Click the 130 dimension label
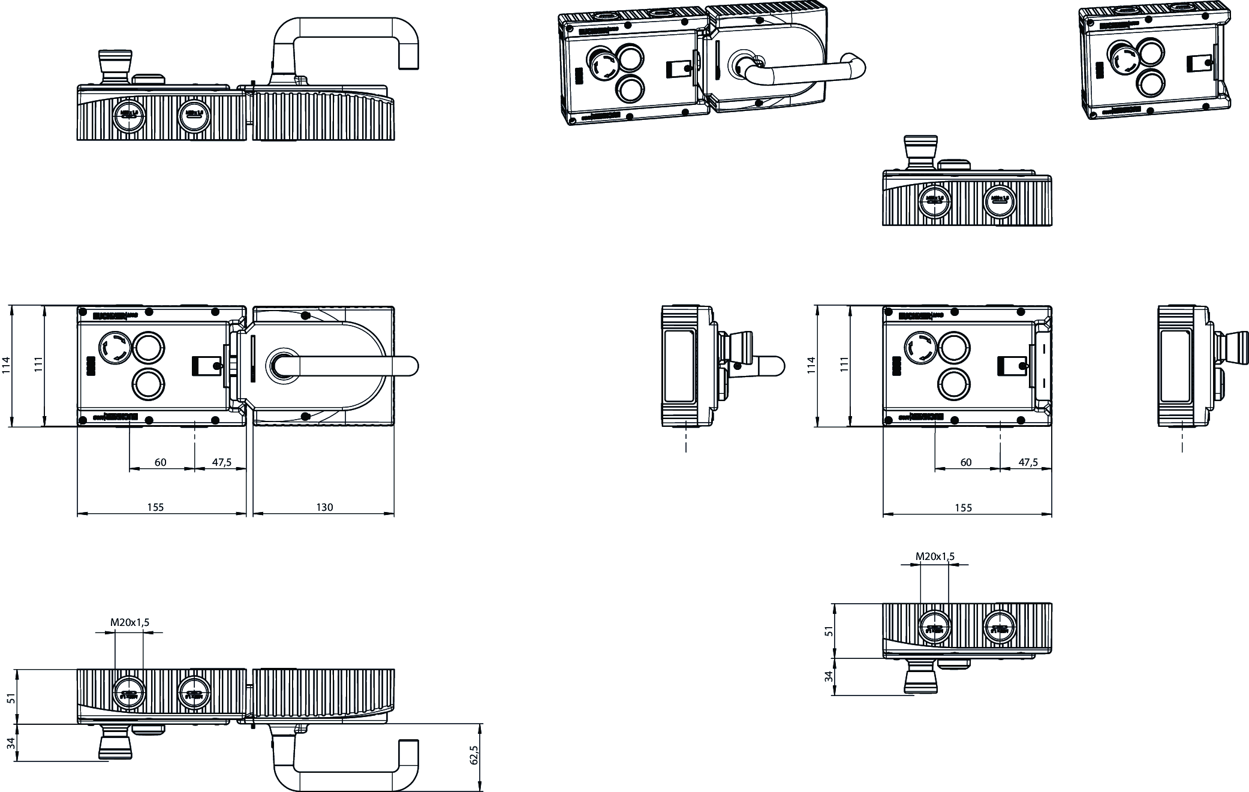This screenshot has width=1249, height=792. click(324, 507)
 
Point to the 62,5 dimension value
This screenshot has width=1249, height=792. click(474, 755)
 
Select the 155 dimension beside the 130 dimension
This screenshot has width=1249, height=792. click(155, 507)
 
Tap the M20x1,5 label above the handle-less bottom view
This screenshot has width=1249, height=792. click(935, 556)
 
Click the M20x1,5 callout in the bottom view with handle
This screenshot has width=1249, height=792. click(130, 622)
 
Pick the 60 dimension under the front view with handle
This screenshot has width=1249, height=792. click(160, 462)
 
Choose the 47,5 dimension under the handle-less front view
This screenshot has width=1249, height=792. click(1028, 462)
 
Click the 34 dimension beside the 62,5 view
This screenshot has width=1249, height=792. click(10, 743)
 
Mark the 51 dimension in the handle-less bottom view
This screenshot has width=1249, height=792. click(829, 631)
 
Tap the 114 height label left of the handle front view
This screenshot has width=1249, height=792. click(7, 366)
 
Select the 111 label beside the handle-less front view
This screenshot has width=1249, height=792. click(845, 366)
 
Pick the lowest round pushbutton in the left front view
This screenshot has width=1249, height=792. click(148, 384)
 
